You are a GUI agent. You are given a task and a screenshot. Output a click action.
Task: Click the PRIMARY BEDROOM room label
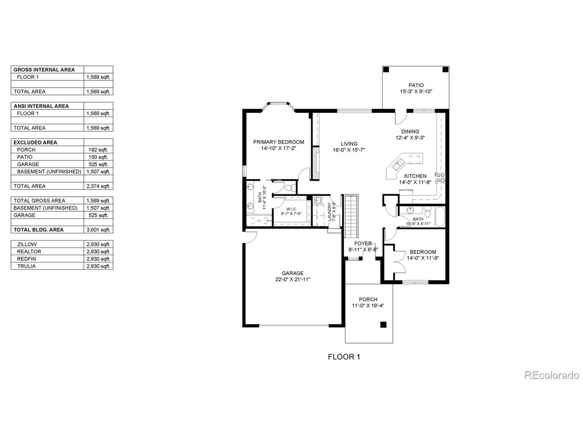279,142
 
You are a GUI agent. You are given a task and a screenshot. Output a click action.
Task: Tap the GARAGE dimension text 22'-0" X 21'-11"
293,279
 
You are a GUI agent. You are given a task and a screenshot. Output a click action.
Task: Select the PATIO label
416,85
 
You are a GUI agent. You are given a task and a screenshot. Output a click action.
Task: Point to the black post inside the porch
383,325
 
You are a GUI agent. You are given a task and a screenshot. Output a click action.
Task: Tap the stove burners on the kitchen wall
440,178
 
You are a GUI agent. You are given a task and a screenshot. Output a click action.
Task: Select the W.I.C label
291,209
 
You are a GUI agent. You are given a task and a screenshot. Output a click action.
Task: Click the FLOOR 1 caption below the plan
344,357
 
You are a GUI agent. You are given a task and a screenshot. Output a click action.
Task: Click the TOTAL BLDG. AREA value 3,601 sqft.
98,230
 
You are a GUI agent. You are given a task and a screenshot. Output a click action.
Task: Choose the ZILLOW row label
27,244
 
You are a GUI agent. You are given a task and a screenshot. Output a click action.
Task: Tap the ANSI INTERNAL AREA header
41,106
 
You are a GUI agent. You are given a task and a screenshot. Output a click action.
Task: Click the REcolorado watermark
551,375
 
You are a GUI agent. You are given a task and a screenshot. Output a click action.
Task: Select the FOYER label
363,243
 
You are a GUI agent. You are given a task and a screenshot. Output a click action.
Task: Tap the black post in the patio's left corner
386,70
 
